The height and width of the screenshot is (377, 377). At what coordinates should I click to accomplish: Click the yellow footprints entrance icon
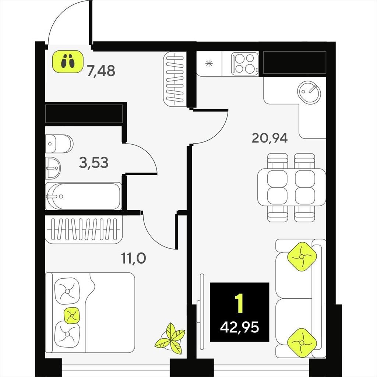point(68,61)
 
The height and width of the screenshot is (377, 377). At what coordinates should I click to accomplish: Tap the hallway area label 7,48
point(101,71)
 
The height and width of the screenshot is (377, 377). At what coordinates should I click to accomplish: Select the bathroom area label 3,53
point(94,162)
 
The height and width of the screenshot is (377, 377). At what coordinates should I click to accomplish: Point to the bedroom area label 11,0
point(133,258)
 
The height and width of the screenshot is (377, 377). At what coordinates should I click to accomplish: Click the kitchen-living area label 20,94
point(269,138)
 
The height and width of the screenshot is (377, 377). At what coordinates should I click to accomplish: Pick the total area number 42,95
point(239,327)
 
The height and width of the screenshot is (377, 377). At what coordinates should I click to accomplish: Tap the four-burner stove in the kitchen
point(245,64)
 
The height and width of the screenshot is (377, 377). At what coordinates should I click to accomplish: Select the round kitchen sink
point(309,92)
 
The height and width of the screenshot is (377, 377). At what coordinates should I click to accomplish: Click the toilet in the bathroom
point(59,144)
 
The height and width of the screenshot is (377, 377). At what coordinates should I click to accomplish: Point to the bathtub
point(83,196)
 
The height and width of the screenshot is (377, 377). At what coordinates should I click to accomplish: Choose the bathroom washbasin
point(53,168)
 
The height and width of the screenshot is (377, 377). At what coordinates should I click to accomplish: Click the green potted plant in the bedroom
point(170,339)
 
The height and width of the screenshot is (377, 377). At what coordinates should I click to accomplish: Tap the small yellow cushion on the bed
point(72,315)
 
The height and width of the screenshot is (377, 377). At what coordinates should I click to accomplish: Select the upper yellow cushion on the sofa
point(302,257)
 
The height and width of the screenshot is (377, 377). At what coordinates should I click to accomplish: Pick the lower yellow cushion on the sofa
point(302,342)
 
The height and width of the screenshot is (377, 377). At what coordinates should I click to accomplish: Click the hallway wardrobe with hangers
point(175,79)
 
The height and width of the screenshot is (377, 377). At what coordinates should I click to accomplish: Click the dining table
point(292,187)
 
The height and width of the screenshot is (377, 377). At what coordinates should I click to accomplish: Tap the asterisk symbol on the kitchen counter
point(209,64)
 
